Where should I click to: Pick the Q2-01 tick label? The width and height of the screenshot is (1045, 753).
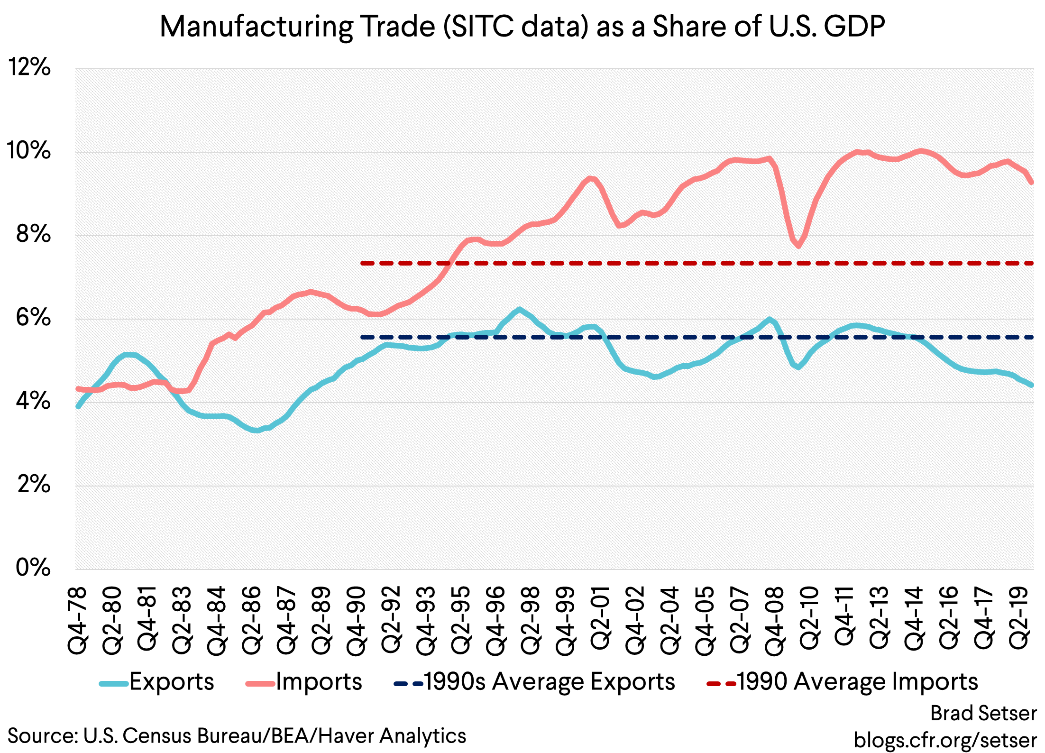[x=601, y=617]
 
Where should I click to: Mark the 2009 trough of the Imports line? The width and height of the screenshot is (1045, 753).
[x=798, y=246]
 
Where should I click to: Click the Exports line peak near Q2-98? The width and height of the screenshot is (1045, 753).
[x=520, y=310]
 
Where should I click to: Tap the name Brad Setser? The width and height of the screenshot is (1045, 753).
[x=983, y=713]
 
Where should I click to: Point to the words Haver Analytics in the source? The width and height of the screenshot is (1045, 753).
[x=393, y=736]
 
